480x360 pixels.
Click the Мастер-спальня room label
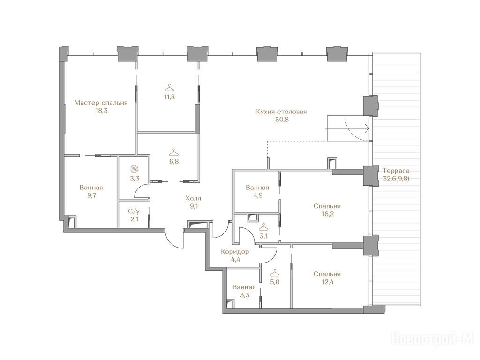pyautogui.click(x=101, y=103)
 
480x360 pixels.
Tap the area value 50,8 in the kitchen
pyautogui.click(x=282, y=120)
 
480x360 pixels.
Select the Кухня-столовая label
pyautogui.click(x=281, y=112)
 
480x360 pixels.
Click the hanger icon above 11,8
pyautogui.click(x=169, y=88)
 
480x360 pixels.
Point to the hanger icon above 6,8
pyautogui.click(x=174, y=152)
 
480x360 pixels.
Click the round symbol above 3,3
pyautogui.click(x=134, y=169)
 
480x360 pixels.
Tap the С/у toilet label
pyautogui.click(x=134, y=211)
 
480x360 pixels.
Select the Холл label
pyautogui.click(x=194, y=199)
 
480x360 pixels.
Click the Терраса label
pyautogui.click(x=396, y=171)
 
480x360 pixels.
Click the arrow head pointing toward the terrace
pyautogui.click(x=367, y=129)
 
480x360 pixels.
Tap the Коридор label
pyautogui.click(x=235, y=252)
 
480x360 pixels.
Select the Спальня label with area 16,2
pyautogui.click(x=327, y=206)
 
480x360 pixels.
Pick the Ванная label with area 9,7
pyautogui.click(x=91, y=187)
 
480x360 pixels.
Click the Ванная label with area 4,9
pyautogui.click(x=257, y=187)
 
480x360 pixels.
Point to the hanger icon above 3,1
pyautogui.click(x=263, y=227)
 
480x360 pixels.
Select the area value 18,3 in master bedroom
pyautogui.click(x=101, y=111)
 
